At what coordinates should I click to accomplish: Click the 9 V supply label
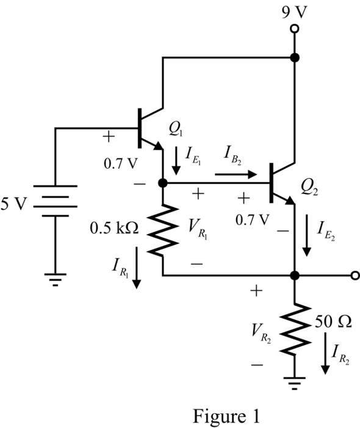tap(295, 12)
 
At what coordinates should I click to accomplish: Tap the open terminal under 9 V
tap(295, 29)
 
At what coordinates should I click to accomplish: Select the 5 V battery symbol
tap(55, 201)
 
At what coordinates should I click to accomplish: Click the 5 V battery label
tap(14, 204)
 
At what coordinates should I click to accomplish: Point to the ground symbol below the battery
tap(55, 280)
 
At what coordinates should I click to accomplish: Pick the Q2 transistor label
tap(309, 188)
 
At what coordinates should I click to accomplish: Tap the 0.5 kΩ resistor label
tap(114, 228)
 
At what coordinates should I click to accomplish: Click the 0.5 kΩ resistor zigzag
tap(163, 230)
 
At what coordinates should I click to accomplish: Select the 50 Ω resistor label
tap(333, 322)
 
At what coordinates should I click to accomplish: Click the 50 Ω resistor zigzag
tap(295, 329)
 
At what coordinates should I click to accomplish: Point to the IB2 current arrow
tap(236, 174)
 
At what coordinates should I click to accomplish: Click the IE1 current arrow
tap(176, 161)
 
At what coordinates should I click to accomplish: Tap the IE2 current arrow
tap(307, 235)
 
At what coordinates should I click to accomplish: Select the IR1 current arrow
tap(137, 268)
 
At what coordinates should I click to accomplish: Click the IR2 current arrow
tap(325, 353)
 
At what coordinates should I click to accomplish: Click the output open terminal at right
tap(355, 276)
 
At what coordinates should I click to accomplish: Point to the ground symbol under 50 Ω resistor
tap(295, 383)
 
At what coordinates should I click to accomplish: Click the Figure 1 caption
tap(226, 416)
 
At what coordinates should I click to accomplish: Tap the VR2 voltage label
tap(261, 333)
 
